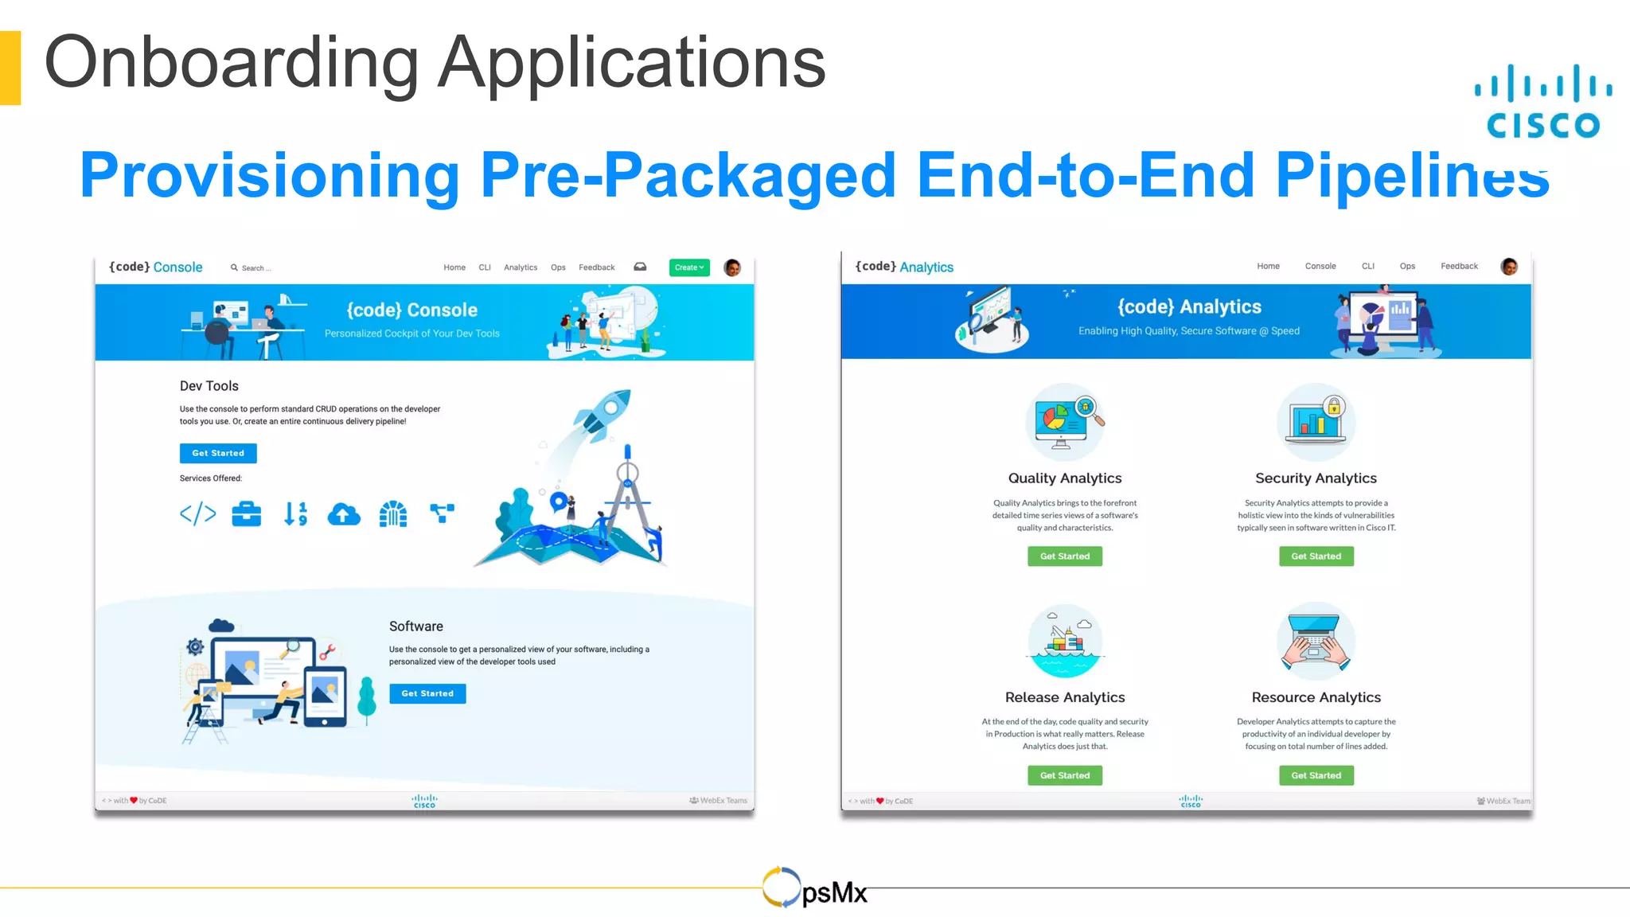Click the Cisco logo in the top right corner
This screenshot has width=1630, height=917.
[1542, 102]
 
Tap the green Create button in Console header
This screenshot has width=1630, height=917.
[688, 267]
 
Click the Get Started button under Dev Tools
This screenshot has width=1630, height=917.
[218, 453]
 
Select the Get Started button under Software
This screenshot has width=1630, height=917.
[427, 693]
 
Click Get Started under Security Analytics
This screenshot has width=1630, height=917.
[1316, 556]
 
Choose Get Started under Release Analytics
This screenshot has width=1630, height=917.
[1064, 775]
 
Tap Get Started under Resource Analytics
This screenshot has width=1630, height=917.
[1316, 775]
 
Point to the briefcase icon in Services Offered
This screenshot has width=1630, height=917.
[246, 514]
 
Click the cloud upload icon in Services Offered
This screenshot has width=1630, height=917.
[344, 515]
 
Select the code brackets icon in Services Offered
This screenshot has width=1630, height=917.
[197, 514]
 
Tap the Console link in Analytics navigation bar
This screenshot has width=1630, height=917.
[1320, 266]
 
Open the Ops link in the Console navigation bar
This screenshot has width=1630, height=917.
[558, 267]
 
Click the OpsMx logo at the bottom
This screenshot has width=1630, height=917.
[814, 888]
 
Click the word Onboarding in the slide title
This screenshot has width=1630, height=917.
[231, 63]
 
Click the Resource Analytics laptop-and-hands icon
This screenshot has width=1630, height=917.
[1316, 641]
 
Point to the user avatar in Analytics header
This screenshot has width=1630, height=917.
[1508, 267]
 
